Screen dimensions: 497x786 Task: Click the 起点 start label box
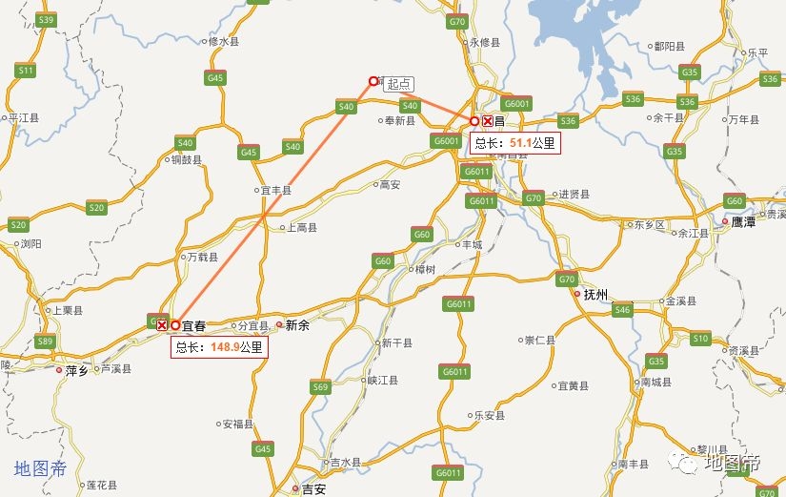(x=399, y=84)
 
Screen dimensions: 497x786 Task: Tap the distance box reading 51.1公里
(x=515, y=143)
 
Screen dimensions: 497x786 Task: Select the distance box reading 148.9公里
(x=219, y=347)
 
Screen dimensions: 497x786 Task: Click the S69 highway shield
(x=320, y=386)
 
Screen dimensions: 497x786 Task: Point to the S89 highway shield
(x=45, y=342)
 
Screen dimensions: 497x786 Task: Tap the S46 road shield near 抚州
(x=622, y=309)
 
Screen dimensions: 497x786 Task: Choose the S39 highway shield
(x=45, y=19)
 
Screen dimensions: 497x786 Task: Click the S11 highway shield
(x=26, y=71)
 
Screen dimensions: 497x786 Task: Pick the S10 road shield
(x=700, y=338)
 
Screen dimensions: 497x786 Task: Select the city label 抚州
(x=595, y=294)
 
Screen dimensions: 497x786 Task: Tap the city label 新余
(x=297, y=324)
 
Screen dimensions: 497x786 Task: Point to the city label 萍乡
(x=76, y=370)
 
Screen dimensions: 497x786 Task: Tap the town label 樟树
(x=425, y=270)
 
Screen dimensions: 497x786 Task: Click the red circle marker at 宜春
(x=175, y=325)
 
